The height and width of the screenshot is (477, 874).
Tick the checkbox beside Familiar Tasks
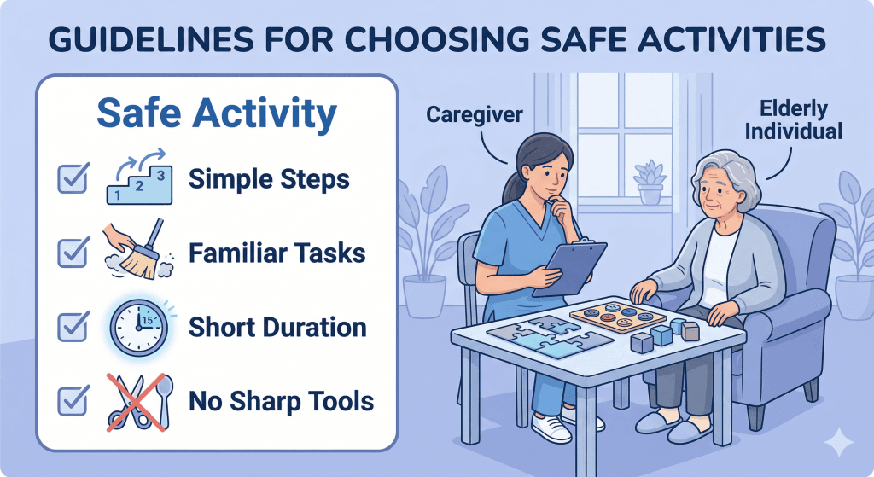coord(71,253)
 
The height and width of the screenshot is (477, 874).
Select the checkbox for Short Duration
coord(71,327)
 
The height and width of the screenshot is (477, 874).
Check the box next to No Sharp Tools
coord(71,399)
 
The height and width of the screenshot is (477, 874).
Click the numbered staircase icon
coord(137,178)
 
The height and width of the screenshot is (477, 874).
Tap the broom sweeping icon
coord(137,253)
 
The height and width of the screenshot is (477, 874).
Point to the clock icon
coord(137,327)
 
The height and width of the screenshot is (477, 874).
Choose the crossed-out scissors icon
coord(137,399)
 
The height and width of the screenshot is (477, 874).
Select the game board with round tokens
coord(617,317)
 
